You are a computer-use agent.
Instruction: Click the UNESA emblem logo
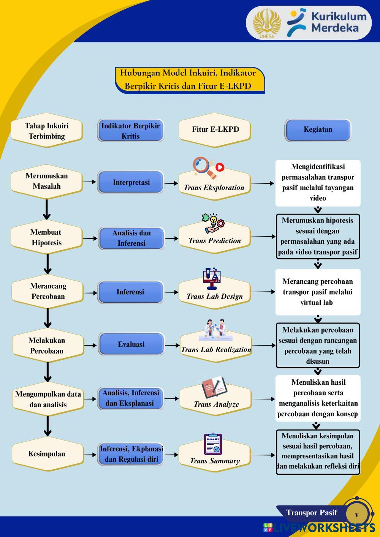click(267, 23)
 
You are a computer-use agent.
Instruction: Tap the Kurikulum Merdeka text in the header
click(339, 22)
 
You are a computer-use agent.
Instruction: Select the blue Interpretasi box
click(131, 182)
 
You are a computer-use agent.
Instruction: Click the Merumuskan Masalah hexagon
click(46, 181)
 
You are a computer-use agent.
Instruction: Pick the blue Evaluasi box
click(131, 344)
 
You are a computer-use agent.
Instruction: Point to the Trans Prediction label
click(214, 240)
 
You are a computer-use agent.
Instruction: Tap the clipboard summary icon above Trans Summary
click(213, 444)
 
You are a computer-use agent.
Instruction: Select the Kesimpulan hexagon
click(47, 454)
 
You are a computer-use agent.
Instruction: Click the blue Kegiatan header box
click(318, 130)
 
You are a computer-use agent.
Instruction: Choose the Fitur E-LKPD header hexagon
click(215, 129)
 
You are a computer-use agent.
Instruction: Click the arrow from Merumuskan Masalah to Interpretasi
click(89, 182)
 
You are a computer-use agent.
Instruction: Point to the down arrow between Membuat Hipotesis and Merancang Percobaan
click(47, 264)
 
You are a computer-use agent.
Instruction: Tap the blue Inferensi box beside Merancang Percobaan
click(130, 292)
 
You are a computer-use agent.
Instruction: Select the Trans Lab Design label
click(214, 296)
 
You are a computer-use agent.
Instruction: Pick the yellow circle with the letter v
click(356, 515)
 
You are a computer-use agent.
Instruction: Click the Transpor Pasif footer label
click(311, 513)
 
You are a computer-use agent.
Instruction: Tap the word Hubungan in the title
click(140, 73)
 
